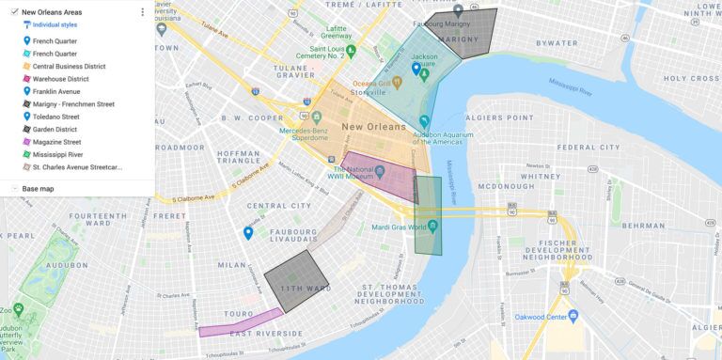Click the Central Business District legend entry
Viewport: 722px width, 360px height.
(x=69, y=67)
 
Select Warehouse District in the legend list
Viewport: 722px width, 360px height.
(x=60, y=79)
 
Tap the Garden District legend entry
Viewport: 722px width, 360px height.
(x=55, y=129)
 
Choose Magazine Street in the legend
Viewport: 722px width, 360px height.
(x=56, y=141)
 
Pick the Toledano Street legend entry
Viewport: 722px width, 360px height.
(x=59, y=117)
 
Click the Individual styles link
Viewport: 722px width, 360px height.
(x=55, y=24)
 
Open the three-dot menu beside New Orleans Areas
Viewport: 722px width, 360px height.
(x=143, y=12)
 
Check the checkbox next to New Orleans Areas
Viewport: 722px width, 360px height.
(x=14, y=12)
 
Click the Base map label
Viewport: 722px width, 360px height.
(x=38, y=189)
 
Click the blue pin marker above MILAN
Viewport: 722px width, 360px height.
(x=248, y=232)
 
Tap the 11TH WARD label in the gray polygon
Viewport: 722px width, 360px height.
(x=305, y=288)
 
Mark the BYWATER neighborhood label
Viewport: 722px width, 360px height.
(x=557, y=43)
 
